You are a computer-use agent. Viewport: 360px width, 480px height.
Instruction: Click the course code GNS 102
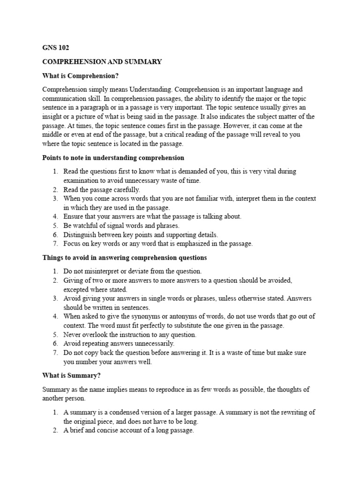point(56,47)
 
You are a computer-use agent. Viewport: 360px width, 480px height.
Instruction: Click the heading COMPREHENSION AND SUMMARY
point(102,61)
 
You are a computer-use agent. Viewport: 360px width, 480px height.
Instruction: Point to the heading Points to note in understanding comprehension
point(113,158)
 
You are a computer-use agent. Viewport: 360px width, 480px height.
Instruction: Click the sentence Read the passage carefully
point(102,189)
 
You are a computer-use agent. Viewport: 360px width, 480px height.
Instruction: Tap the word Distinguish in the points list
point(82,234)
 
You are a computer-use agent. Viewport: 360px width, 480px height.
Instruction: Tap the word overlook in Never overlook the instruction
point(95,334)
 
